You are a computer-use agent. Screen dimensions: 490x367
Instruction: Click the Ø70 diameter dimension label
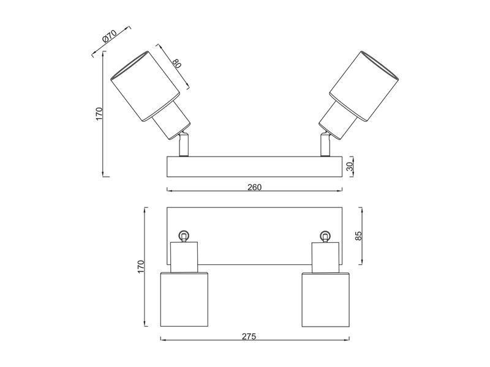coord(110,36)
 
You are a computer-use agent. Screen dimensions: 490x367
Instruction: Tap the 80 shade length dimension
coord(177,64)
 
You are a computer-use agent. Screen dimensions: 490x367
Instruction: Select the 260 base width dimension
coord(254,187)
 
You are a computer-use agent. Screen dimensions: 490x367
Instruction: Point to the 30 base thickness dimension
coord(350,166)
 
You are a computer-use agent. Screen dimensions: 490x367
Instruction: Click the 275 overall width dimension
coord(249,336)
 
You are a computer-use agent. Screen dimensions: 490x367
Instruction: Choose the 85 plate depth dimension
coord(358,235)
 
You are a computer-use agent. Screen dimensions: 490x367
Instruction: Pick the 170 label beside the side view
coord(99,114)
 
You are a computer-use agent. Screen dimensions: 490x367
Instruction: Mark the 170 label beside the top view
coord(141,267)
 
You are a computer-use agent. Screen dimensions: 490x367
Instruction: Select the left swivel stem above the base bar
coord(183,144)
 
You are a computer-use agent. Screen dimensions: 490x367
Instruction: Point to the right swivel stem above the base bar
coord(325,144)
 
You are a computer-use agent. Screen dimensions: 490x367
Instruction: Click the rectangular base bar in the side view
coord(254,166)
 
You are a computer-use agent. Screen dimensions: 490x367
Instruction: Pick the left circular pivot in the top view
coord(184,235)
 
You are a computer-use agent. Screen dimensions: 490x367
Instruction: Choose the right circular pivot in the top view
coord(326,235)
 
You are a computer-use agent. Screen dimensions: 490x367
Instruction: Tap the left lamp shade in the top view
coord(184,300)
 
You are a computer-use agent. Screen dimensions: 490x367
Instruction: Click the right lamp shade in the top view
coord(326,300)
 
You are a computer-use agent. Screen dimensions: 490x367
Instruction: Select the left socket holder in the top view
coord(184,257)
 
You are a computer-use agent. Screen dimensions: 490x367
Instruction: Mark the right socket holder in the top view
coord(326,257)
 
